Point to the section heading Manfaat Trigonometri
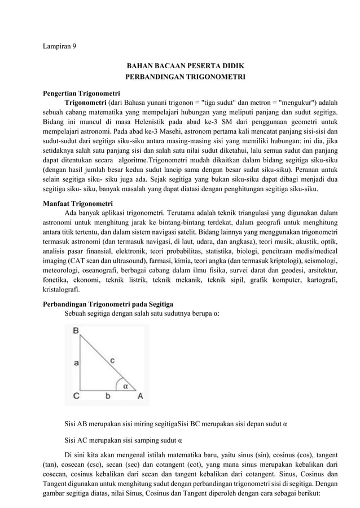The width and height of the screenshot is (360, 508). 78,203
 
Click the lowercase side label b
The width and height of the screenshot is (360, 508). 108,396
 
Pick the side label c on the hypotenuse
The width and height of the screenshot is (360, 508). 113,358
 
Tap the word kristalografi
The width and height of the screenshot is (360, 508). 62,291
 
